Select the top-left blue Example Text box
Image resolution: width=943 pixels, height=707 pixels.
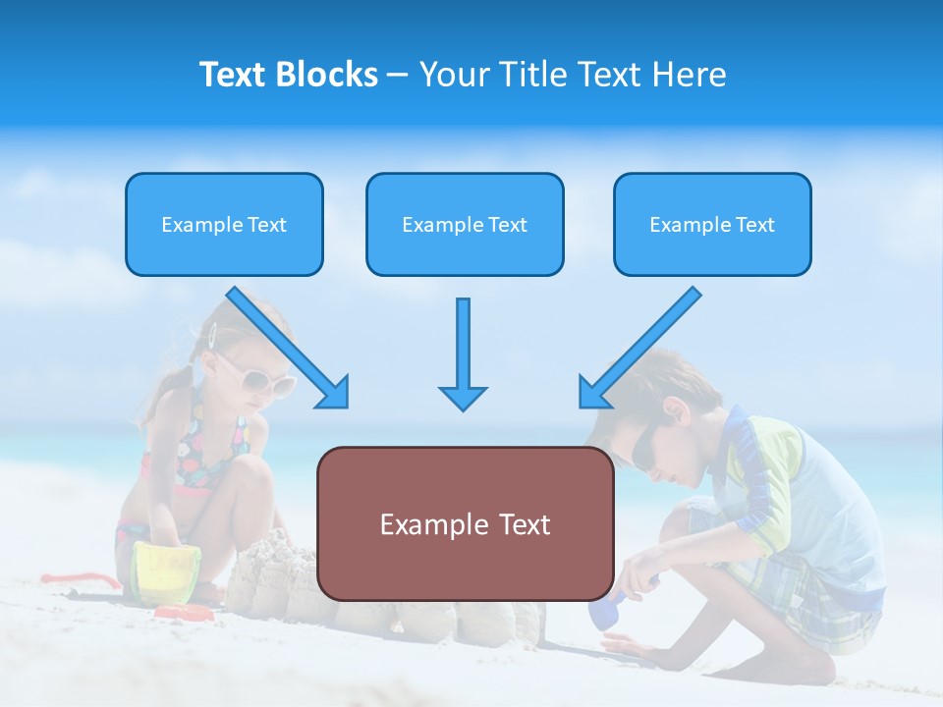pos(224,225)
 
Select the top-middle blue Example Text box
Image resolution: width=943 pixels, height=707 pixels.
pos(465,225)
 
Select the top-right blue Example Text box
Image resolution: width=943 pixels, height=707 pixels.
pos(712,225)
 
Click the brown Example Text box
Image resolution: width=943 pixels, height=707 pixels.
pos(465,524)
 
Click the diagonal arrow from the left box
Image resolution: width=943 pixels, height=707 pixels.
pos(289,348)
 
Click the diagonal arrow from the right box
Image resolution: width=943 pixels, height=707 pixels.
pos(639,348)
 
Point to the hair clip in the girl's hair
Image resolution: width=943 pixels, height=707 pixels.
pos(211,335)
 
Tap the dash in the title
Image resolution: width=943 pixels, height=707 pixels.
pos(398,75)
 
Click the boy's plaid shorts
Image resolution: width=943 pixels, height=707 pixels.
pos(815,599)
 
